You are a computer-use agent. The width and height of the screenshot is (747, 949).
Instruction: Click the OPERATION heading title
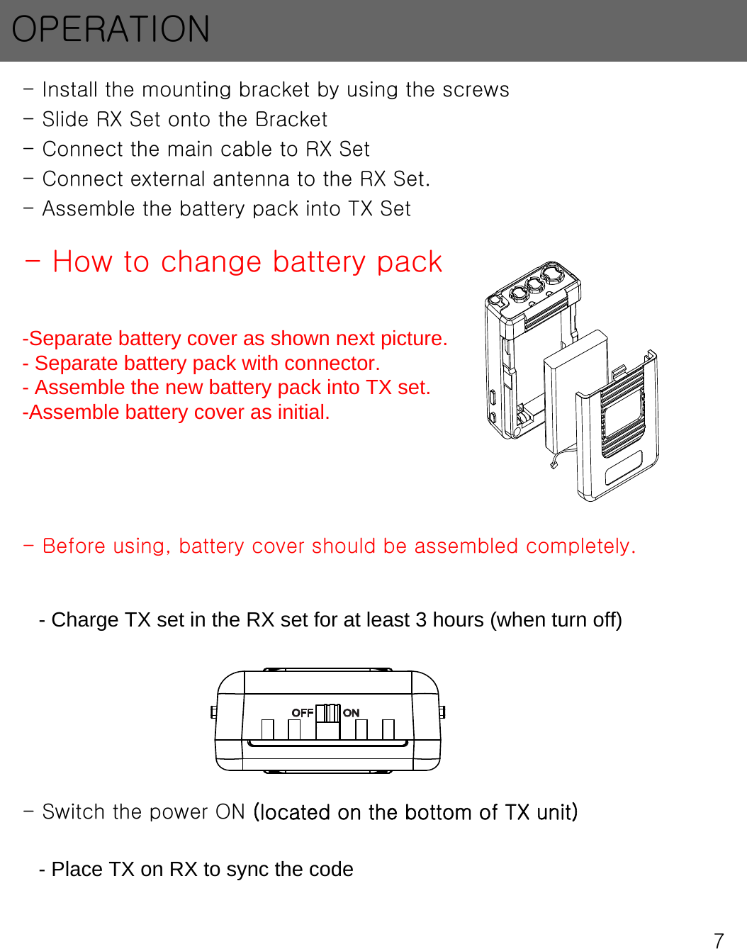[x=111, y=30]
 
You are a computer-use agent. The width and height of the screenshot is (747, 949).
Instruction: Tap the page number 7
[x=719, y=940]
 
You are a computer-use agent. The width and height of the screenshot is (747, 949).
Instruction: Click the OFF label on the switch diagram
[x=303, y=712]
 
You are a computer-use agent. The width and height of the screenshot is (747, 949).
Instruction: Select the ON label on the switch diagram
[x=352, y=713]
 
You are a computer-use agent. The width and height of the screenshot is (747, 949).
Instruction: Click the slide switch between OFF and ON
[x=328, y=712]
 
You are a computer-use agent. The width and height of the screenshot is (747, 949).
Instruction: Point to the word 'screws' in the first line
[x=476, y=90]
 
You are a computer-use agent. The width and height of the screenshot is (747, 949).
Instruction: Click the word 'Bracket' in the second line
[x=291, y=120]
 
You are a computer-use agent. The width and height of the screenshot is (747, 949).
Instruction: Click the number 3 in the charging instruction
[x=421, y=620]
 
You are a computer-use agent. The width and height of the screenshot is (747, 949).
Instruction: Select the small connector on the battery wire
[x=554, y=465]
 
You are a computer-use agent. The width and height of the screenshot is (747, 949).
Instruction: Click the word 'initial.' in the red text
[x=301, y=412]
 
